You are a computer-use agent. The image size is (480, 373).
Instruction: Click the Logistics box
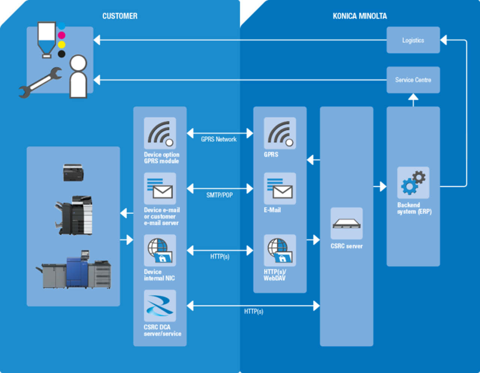pos(413,40)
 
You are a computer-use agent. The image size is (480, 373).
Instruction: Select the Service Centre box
pos(413,80)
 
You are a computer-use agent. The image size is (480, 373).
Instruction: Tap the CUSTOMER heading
pos(120,16)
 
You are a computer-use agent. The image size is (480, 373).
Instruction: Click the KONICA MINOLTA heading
pos(360,16)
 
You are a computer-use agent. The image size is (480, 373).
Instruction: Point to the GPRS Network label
pos(219,139)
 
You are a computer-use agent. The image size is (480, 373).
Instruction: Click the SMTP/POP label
pos(219,195)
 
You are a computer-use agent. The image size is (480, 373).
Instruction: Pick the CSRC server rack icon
pos(346,224)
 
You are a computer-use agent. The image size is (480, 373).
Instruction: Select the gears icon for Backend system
pos(413,183)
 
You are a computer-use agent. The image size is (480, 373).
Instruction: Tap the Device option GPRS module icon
pos(160,133)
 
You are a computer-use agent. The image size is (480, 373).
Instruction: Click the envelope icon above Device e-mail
pos(160,189)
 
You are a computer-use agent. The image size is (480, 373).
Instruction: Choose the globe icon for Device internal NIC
pos(160,250)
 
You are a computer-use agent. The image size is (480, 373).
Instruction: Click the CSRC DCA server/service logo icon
pos(160,306)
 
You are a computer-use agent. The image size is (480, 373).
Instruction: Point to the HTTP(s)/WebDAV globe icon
pos(280,250)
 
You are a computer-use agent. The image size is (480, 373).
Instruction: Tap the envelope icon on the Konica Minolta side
pos(280,189)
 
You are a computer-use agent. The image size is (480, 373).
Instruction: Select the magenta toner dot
pos(61,36)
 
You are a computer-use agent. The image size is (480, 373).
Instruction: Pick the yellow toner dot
pos(61,45)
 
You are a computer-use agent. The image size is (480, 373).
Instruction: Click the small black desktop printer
pos(73,173)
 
